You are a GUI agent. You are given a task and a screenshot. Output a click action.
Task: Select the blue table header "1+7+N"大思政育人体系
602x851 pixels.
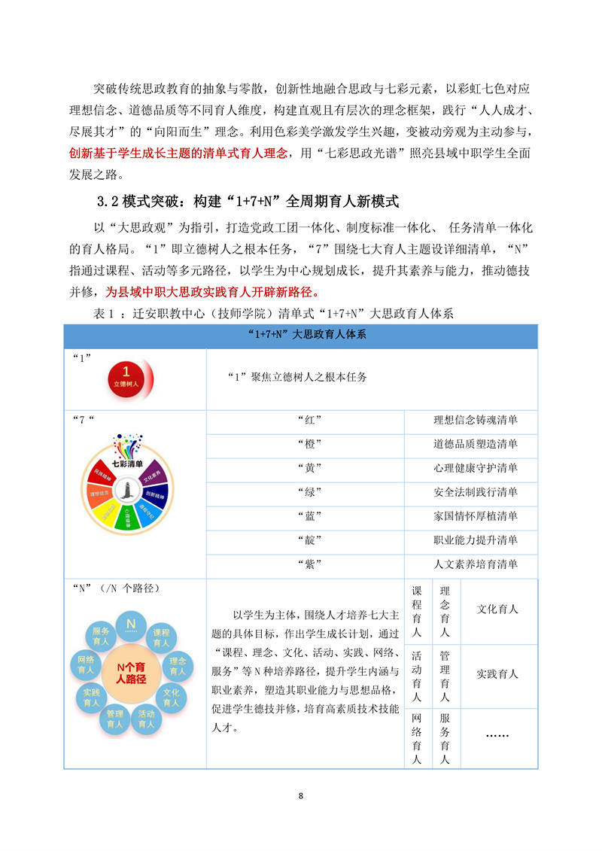point(300,336)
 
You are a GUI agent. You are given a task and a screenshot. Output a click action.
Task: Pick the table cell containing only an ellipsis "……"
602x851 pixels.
point(497,734)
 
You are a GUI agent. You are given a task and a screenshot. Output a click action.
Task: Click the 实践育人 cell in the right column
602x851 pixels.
point(497,674)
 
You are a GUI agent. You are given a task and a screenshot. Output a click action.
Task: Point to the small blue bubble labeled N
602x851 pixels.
point(131,624)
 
